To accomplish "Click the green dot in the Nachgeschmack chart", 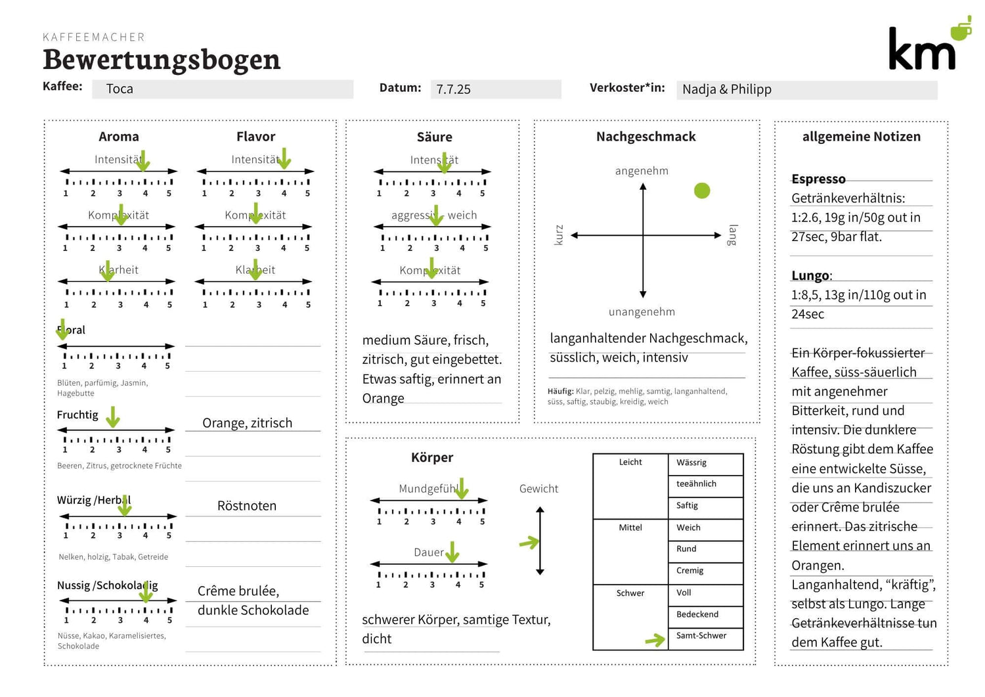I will [x=702, y=191].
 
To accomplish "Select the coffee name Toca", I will [x=120, y=89].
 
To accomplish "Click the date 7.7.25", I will [x=454, y=89].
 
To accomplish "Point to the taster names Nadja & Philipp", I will [x=727, y=89].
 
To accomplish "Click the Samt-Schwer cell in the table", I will [x=701, y=636].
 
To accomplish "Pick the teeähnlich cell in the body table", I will [x=696, y=484].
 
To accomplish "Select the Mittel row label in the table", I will [x=630, y=528].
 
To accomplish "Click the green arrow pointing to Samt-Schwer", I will [x=655, y=640].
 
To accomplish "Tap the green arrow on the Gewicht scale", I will [x=529, y=543].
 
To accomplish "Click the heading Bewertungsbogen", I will [x=162, y=59].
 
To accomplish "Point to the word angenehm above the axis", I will [x=642, y=171].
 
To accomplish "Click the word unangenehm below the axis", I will [x=642, y=312].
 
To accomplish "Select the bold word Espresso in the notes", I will [x=818, y=179].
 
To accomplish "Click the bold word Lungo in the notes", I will [x=810, y=276].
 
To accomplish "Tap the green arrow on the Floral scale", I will [x=62, y=332].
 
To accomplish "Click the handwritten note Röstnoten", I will [x=247, y=506].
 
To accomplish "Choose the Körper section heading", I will [x=432, y=457].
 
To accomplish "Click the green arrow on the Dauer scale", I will [x=452, y=552].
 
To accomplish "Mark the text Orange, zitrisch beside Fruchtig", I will [x=247, y=423].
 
